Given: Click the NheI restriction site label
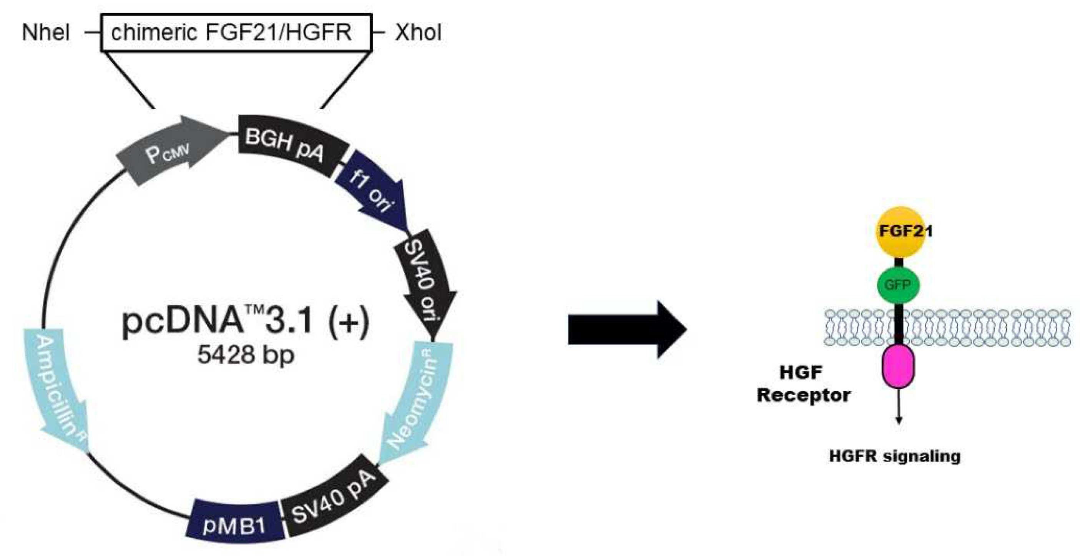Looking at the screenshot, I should click(x=46, y=33).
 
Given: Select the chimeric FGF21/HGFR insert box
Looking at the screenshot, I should click(x=236, y=33).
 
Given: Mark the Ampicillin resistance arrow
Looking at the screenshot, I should click(x=61, y=390).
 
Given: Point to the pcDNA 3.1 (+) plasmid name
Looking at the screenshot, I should click(x=246, y=321).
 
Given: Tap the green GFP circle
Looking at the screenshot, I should click(x=898, y=286).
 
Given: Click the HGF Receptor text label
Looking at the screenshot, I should click(x=803, y=384).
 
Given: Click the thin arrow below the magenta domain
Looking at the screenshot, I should click(x=899, y=407).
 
